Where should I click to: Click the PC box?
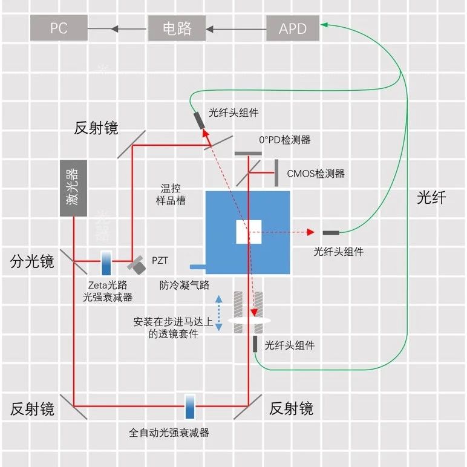click(59, 28)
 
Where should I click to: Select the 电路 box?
click(177, 28)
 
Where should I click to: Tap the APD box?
click(293, 28)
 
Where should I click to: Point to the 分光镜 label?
click(32, 261)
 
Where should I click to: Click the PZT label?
click(160, 261)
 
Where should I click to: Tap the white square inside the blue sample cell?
click(249, 232)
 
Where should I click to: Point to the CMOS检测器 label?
click(316, 174)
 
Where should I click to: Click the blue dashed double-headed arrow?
click(219, 313)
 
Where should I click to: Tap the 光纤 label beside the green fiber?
click(431, 197)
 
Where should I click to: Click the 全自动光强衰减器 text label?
click(169, 433)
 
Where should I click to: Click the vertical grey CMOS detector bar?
click(276, 172)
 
